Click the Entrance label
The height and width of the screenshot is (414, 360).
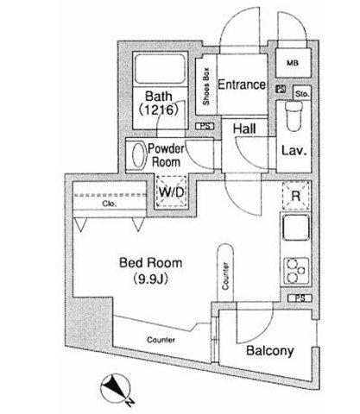click(242, 85)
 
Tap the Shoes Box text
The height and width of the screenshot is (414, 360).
click(206, 86)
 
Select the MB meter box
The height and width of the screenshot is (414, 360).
click(293, 63)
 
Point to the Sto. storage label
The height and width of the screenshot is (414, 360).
click(302, 94)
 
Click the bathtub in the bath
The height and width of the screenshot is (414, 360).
click(160, 68)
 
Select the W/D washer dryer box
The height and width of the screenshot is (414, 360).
click(171, 191)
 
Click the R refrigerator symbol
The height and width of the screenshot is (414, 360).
click(296, 196)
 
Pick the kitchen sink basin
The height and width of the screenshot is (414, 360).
click(296, 228)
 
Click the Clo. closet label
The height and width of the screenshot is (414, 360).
click(110, 204)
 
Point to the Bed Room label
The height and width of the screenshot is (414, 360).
click(150, 263)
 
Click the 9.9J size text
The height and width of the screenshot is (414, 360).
click(150, 279)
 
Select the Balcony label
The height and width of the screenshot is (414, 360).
click(270, 351)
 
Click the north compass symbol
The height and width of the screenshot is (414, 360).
click(116, 389)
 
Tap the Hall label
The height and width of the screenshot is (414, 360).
click(244, 129)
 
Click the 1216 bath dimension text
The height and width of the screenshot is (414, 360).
click(159, 110)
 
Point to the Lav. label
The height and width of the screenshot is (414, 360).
click(294, 151)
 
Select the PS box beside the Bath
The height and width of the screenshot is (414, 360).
click(205, 126)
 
